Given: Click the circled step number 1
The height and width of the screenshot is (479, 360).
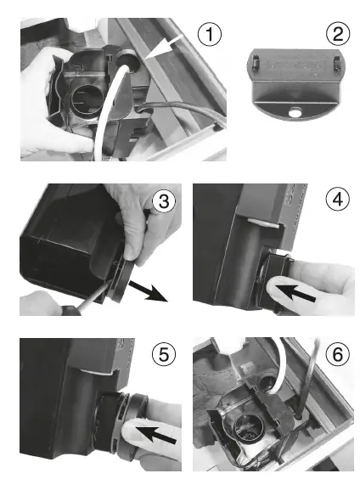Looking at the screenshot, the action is click(x=209, y=34).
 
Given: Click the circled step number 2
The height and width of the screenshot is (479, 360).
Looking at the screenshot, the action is click(x=338, y=34).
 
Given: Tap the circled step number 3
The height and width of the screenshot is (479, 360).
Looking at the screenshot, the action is click(x=164, y=201).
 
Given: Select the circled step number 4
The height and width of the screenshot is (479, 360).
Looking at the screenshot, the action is click(x=338, y=200).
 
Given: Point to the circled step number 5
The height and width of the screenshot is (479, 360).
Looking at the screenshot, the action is click(x=164, y=354).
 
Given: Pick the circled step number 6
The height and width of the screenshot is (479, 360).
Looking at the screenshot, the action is click(x=338, y=354).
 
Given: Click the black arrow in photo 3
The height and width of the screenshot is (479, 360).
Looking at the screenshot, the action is click(x=148, y=290).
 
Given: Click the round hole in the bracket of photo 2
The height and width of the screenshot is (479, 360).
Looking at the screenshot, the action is click(x=295, y=112).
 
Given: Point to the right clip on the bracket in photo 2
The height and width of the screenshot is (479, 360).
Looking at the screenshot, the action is click(x=336, y=62).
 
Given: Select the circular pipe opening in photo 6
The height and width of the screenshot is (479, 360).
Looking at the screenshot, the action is click(x=246, y=427).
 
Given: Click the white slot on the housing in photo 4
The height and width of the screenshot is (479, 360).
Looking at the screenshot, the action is click(x=263, y=222).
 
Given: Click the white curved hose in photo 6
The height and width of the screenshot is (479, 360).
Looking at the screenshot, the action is click(x=283, y=360).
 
